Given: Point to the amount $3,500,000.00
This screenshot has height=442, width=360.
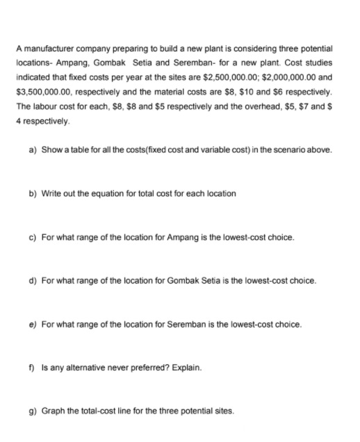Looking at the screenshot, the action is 43,92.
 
